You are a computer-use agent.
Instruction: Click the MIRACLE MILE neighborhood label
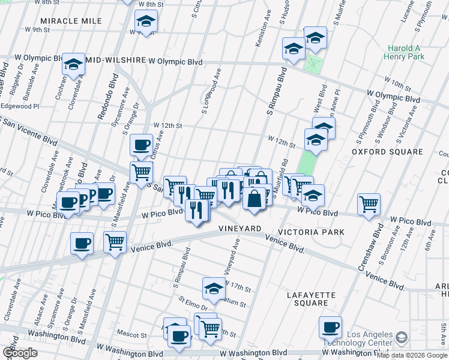[71, 21]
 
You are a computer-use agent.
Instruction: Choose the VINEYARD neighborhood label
[240, 229]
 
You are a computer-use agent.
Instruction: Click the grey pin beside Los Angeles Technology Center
[401, 338]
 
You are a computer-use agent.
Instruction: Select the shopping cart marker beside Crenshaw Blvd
[369, 204]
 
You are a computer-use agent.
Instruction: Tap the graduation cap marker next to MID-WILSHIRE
[73, 64]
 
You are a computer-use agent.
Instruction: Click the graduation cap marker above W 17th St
[213, 289]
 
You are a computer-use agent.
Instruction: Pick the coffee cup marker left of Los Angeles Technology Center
[330, 327]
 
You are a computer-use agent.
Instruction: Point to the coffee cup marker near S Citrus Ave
[141, 145]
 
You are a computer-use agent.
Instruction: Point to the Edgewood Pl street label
[23, 106]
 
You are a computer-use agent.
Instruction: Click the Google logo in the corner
[20, 353]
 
